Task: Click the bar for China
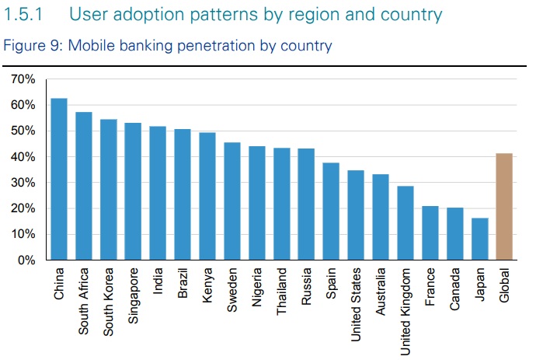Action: point(59,179)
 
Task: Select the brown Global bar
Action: point(503,207)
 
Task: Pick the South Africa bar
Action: point(84,186)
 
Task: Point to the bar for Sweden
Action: point(232,201)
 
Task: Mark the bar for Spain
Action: point(331,211)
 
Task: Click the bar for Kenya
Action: point(207,196)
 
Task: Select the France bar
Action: point(430,232)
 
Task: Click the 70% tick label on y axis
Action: point(23,79)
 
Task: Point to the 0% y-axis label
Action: point(26,260)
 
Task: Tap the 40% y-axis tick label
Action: point(23,157)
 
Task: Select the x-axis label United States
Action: point(356,303)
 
